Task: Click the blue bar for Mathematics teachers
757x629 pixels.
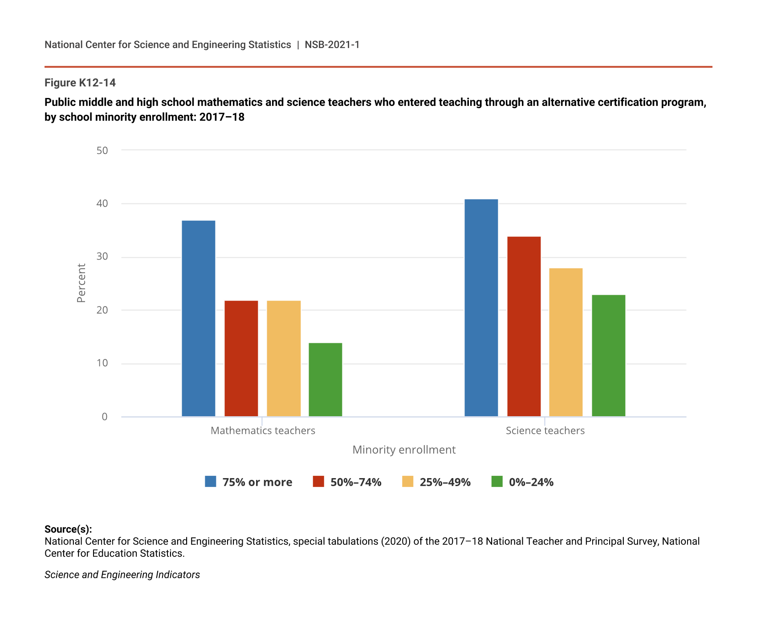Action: (199, 319)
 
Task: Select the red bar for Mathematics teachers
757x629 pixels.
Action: (241, 359)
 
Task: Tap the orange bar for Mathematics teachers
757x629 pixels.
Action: (284, 359)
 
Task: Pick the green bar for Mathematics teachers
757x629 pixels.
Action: (326, 380)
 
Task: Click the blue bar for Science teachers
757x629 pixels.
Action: (481, 308)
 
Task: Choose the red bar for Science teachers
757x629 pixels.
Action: (524, 327)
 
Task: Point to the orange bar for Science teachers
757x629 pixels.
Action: (566, 342)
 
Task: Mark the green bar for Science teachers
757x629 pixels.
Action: (609, 356)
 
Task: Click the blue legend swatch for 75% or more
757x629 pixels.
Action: (211, 482)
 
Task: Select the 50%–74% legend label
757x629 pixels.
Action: (356, 482)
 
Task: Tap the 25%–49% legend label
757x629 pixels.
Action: (445, 482)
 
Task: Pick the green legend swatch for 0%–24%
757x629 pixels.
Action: (497, 482)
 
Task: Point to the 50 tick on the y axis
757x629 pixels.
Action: (102, 150)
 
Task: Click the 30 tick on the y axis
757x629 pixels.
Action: (102, 256)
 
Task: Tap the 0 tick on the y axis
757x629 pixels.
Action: (105, 417)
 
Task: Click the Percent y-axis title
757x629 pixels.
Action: (81, 283)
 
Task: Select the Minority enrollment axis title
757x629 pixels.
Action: (404, 450)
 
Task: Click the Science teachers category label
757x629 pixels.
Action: (545, 430)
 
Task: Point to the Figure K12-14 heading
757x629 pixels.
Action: (80, 83)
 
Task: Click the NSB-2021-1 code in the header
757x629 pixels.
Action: (332, 45)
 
